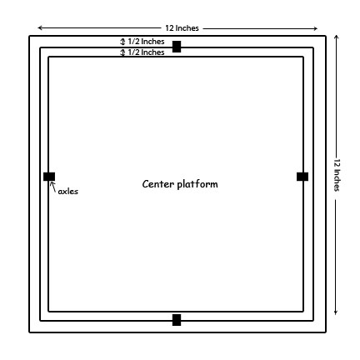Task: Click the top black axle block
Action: coord(177,47)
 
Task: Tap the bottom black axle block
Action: coord(177,320)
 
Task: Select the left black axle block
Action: coord(49,177)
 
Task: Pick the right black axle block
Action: coord(302,177)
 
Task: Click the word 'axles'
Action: coord(68,191)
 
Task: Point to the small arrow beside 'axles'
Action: coord(53,187)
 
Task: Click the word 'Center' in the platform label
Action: coord(158,184)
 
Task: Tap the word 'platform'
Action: coord(197,184)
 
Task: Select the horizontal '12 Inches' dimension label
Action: coord(182,28)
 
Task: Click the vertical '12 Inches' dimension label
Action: coord(337,175)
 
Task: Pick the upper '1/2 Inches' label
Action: coord(146,42)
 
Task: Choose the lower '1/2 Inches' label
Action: coord(146,52)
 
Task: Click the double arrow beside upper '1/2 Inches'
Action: coord(122,42)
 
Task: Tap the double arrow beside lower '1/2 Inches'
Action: coord(122,52)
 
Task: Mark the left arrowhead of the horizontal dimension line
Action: coord(40,27)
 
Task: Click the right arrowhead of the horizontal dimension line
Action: coord(315,28)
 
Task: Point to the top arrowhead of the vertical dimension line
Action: coord(336,37)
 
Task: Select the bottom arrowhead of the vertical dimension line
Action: coord(336,312)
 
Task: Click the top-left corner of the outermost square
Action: coord(30,36)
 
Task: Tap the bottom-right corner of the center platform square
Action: coord(303,311)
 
